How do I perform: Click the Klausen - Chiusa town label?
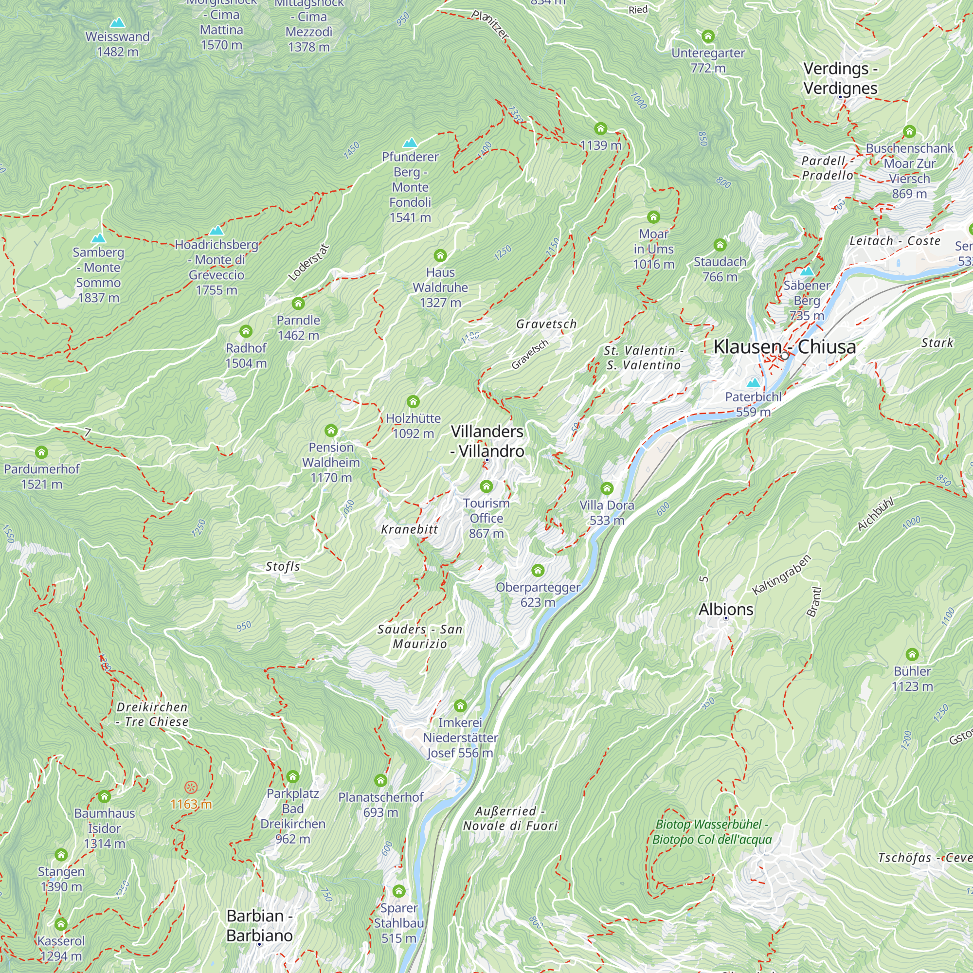(x=784, y=346)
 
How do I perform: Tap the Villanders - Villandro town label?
(x=487, y=441)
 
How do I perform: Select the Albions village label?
(x=726, y=610)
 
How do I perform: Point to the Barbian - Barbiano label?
(x=259, y=925)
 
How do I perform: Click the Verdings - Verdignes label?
(x=840, y=78)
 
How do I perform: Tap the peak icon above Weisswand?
(x=117, y=23)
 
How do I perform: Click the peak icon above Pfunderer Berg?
(x=410, y=143)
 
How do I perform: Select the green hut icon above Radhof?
(x=246, y=331)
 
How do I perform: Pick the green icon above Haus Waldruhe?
(x=440, y=255)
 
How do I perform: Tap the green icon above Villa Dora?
(x=607, y=488)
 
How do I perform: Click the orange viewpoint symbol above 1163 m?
(x=191, y=787)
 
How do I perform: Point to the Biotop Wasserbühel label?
(x=712, y=831)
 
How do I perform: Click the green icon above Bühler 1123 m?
(x=912, y=654)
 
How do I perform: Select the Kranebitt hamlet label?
(x=410, y=529)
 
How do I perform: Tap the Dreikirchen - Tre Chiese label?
(x=152, y=714)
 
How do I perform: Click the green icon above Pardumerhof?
(x=41, y=452)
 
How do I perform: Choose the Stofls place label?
(x=283, y=567)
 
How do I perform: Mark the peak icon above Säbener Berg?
(x=807, y=271)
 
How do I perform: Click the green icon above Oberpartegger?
(x=538, y=570)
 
